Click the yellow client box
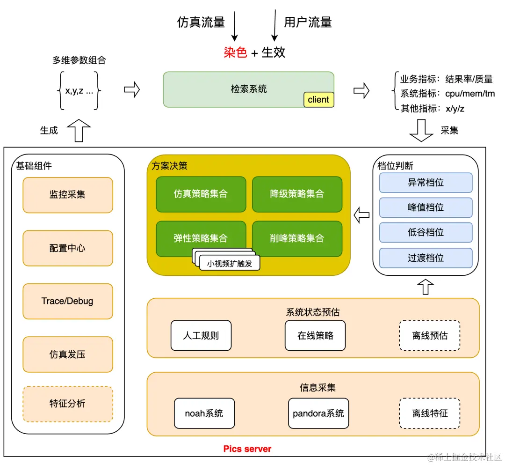[x=318, y=99]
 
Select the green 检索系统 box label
[x=248, y=89]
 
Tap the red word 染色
[x=235, y=52]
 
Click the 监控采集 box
[x=68, y=195]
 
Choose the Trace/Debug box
[x=68, y=301]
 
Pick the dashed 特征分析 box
[x=68, y=403]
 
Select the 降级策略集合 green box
[x=297, y=194]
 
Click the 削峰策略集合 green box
[x=297, y=238]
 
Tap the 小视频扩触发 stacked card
[x=229, y=263]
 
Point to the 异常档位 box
[x=426, y=183]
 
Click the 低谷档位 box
[x=426, y=232]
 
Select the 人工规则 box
[x=201, y=335]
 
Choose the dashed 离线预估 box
[x=430, y=335]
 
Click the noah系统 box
[x=204, y=413]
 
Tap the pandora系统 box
[x=318, y=413]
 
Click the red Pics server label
[x=247, y=449]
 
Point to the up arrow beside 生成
[x=79, y=130]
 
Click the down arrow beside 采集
[x=421, y=130]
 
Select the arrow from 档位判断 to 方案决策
[x=361, y=215]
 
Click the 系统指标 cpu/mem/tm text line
[x=447, y=94]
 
